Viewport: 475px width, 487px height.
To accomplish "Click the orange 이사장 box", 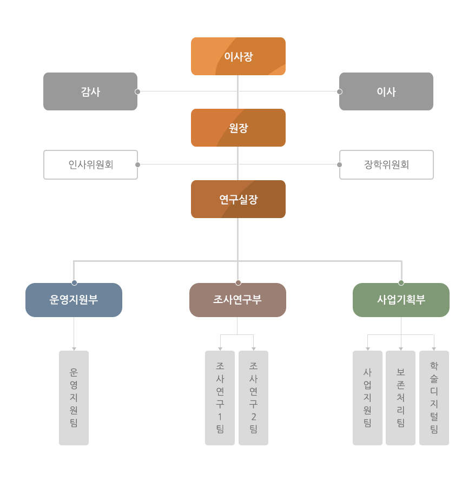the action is pos(238,56).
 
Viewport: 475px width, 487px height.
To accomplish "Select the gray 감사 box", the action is pos(90,91).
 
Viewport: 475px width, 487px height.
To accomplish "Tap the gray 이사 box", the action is pos(386,91).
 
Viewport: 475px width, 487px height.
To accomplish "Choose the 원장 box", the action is pos(238,128).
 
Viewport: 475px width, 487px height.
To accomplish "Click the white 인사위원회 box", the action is pos(91,164).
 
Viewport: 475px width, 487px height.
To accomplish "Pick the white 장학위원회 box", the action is pos(386,164).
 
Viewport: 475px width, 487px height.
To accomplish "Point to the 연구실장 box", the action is pos(238,199).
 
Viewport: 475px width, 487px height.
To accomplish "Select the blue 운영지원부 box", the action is pos(74,300).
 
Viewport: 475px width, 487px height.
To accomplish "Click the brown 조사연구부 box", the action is pos(237,300).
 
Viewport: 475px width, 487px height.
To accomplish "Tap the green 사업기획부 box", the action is pos(401,300).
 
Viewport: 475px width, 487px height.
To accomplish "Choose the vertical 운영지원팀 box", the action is pos(74,398).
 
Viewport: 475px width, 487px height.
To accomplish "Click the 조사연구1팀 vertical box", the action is pos(220,398).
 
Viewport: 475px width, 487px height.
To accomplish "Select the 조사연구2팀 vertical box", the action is pos(253,398).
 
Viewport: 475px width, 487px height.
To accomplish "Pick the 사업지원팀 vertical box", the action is pos(367,398).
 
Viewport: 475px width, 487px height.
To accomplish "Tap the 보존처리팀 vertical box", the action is pos(400,398).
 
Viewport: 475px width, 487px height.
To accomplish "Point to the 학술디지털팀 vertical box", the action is pos(434,398).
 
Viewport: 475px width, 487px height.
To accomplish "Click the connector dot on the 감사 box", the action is pos(137,91).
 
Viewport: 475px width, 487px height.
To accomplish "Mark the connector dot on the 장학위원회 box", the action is pos(339,164).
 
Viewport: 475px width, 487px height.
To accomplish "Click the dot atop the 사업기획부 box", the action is pos(401,282).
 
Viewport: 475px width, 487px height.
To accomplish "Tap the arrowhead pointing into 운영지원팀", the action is pos(74,349).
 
